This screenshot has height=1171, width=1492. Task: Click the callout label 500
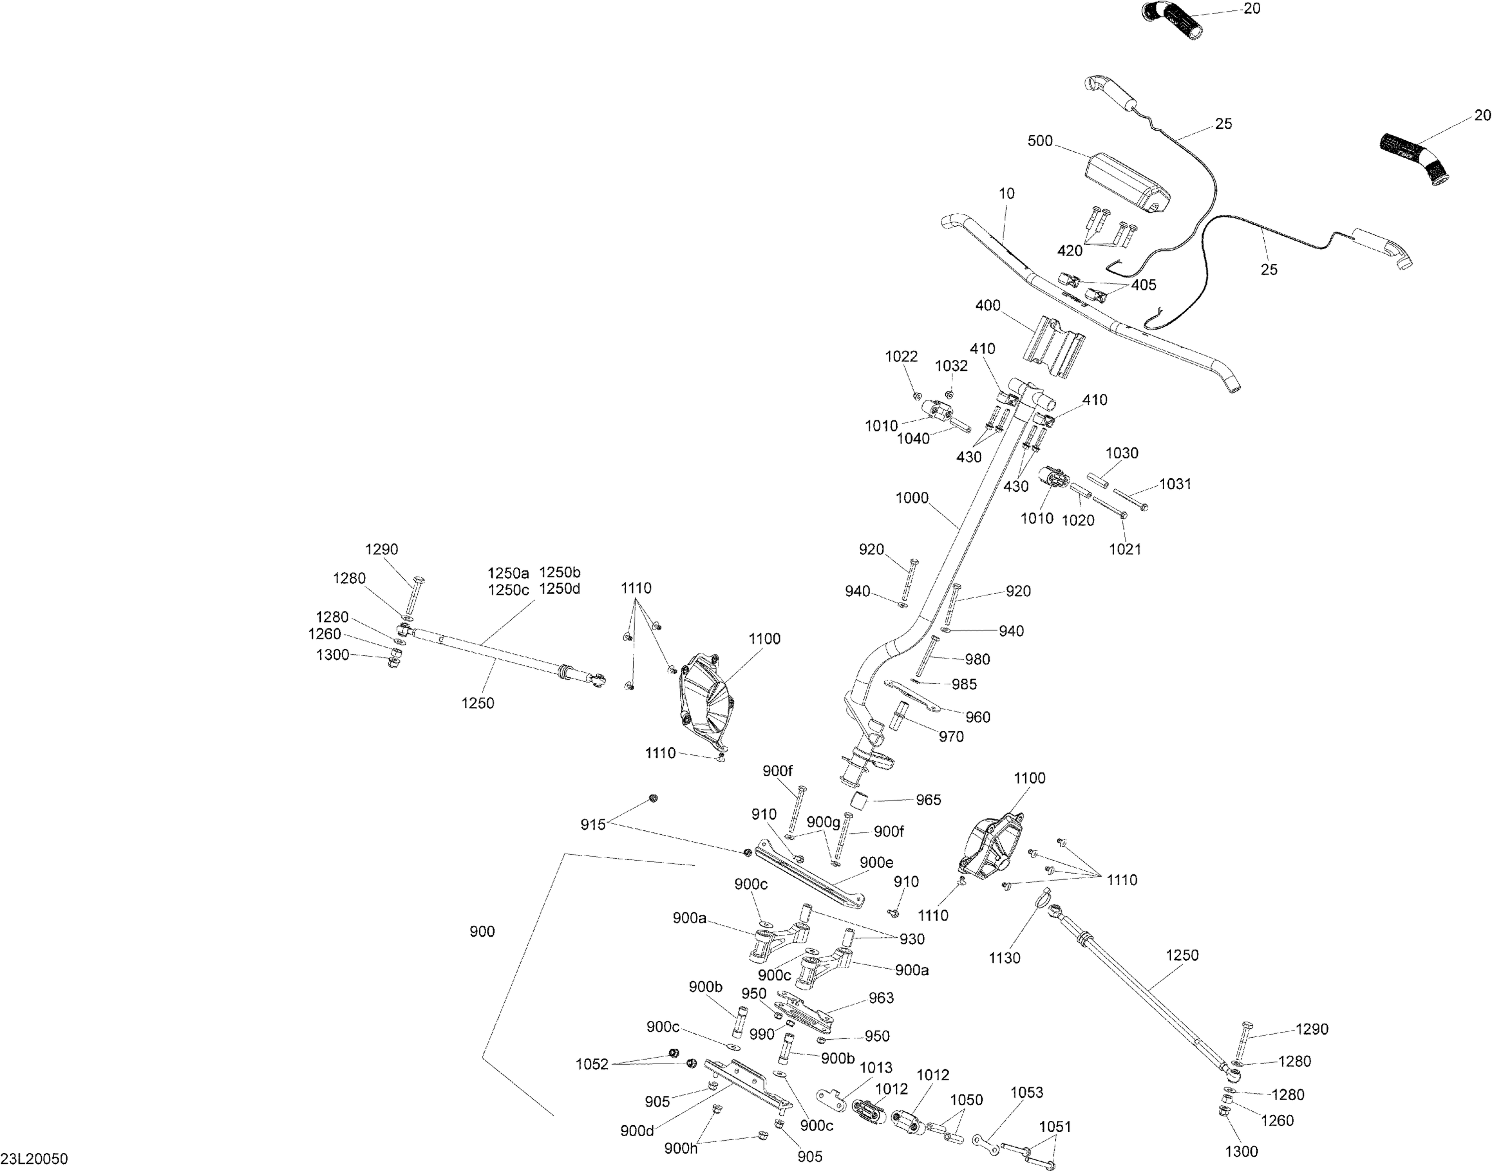click(x=1040, y=141)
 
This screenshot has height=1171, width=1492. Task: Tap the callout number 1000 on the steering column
click(x=912, y=498)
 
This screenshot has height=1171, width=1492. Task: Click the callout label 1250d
click(x=559, y=588)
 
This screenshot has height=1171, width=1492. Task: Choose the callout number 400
click(x=987, y=305)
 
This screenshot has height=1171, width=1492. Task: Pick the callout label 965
click(x=929, y=800)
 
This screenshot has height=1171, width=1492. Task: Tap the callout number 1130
click(x=1005, y=958)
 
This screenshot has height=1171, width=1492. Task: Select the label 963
click(x=881, y=997)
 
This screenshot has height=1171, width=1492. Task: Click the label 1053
click(x=1026, y=1092)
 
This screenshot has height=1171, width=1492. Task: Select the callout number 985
click(x=964, y=684)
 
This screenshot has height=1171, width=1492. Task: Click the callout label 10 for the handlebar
click(x=1007, y=194)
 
